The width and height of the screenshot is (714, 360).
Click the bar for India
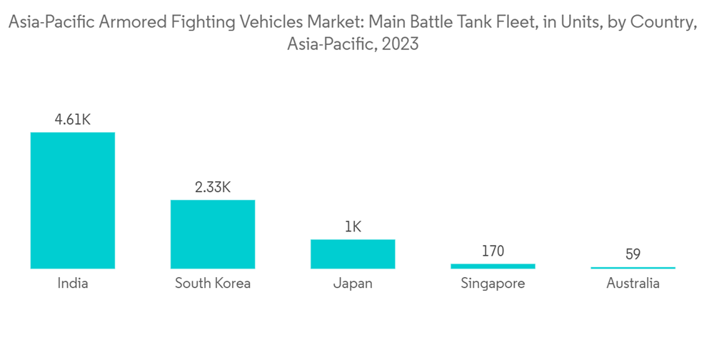pyautogui.click(x=72, y=200)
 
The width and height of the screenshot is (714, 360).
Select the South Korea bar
pyautogui.click(x=212, y=234)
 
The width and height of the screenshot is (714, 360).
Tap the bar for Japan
pyautogui.click(x=353, y=254)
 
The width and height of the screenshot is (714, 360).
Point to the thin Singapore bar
pyautogui.click(x=493, y=266)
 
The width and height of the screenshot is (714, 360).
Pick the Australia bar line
pyautogui.click(x=633, y=268)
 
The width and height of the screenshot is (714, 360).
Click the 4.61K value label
pyautogui.click(x=72, y=119)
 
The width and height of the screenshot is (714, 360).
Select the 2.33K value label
pyautogui.click(x=212, y=187)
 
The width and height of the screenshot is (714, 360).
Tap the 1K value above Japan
pyautogui.click(x=353, y=227)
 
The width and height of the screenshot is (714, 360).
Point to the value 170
pyautogui.click(x=493, y=251)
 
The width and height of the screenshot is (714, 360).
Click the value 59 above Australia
pyautogui.click(x=633, y=254)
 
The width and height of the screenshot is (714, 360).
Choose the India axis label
pyautogui.click(x=72, y=284)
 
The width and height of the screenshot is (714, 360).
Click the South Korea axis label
pyautogui.click(x=212, y=284)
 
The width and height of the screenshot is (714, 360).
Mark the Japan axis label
pyautogui.click(x=353, y=284)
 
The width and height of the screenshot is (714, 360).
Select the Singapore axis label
pyautogui.click(x=493, y=284)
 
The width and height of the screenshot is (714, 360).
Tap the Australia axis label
pyautogui.click(x=633, y=284)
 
